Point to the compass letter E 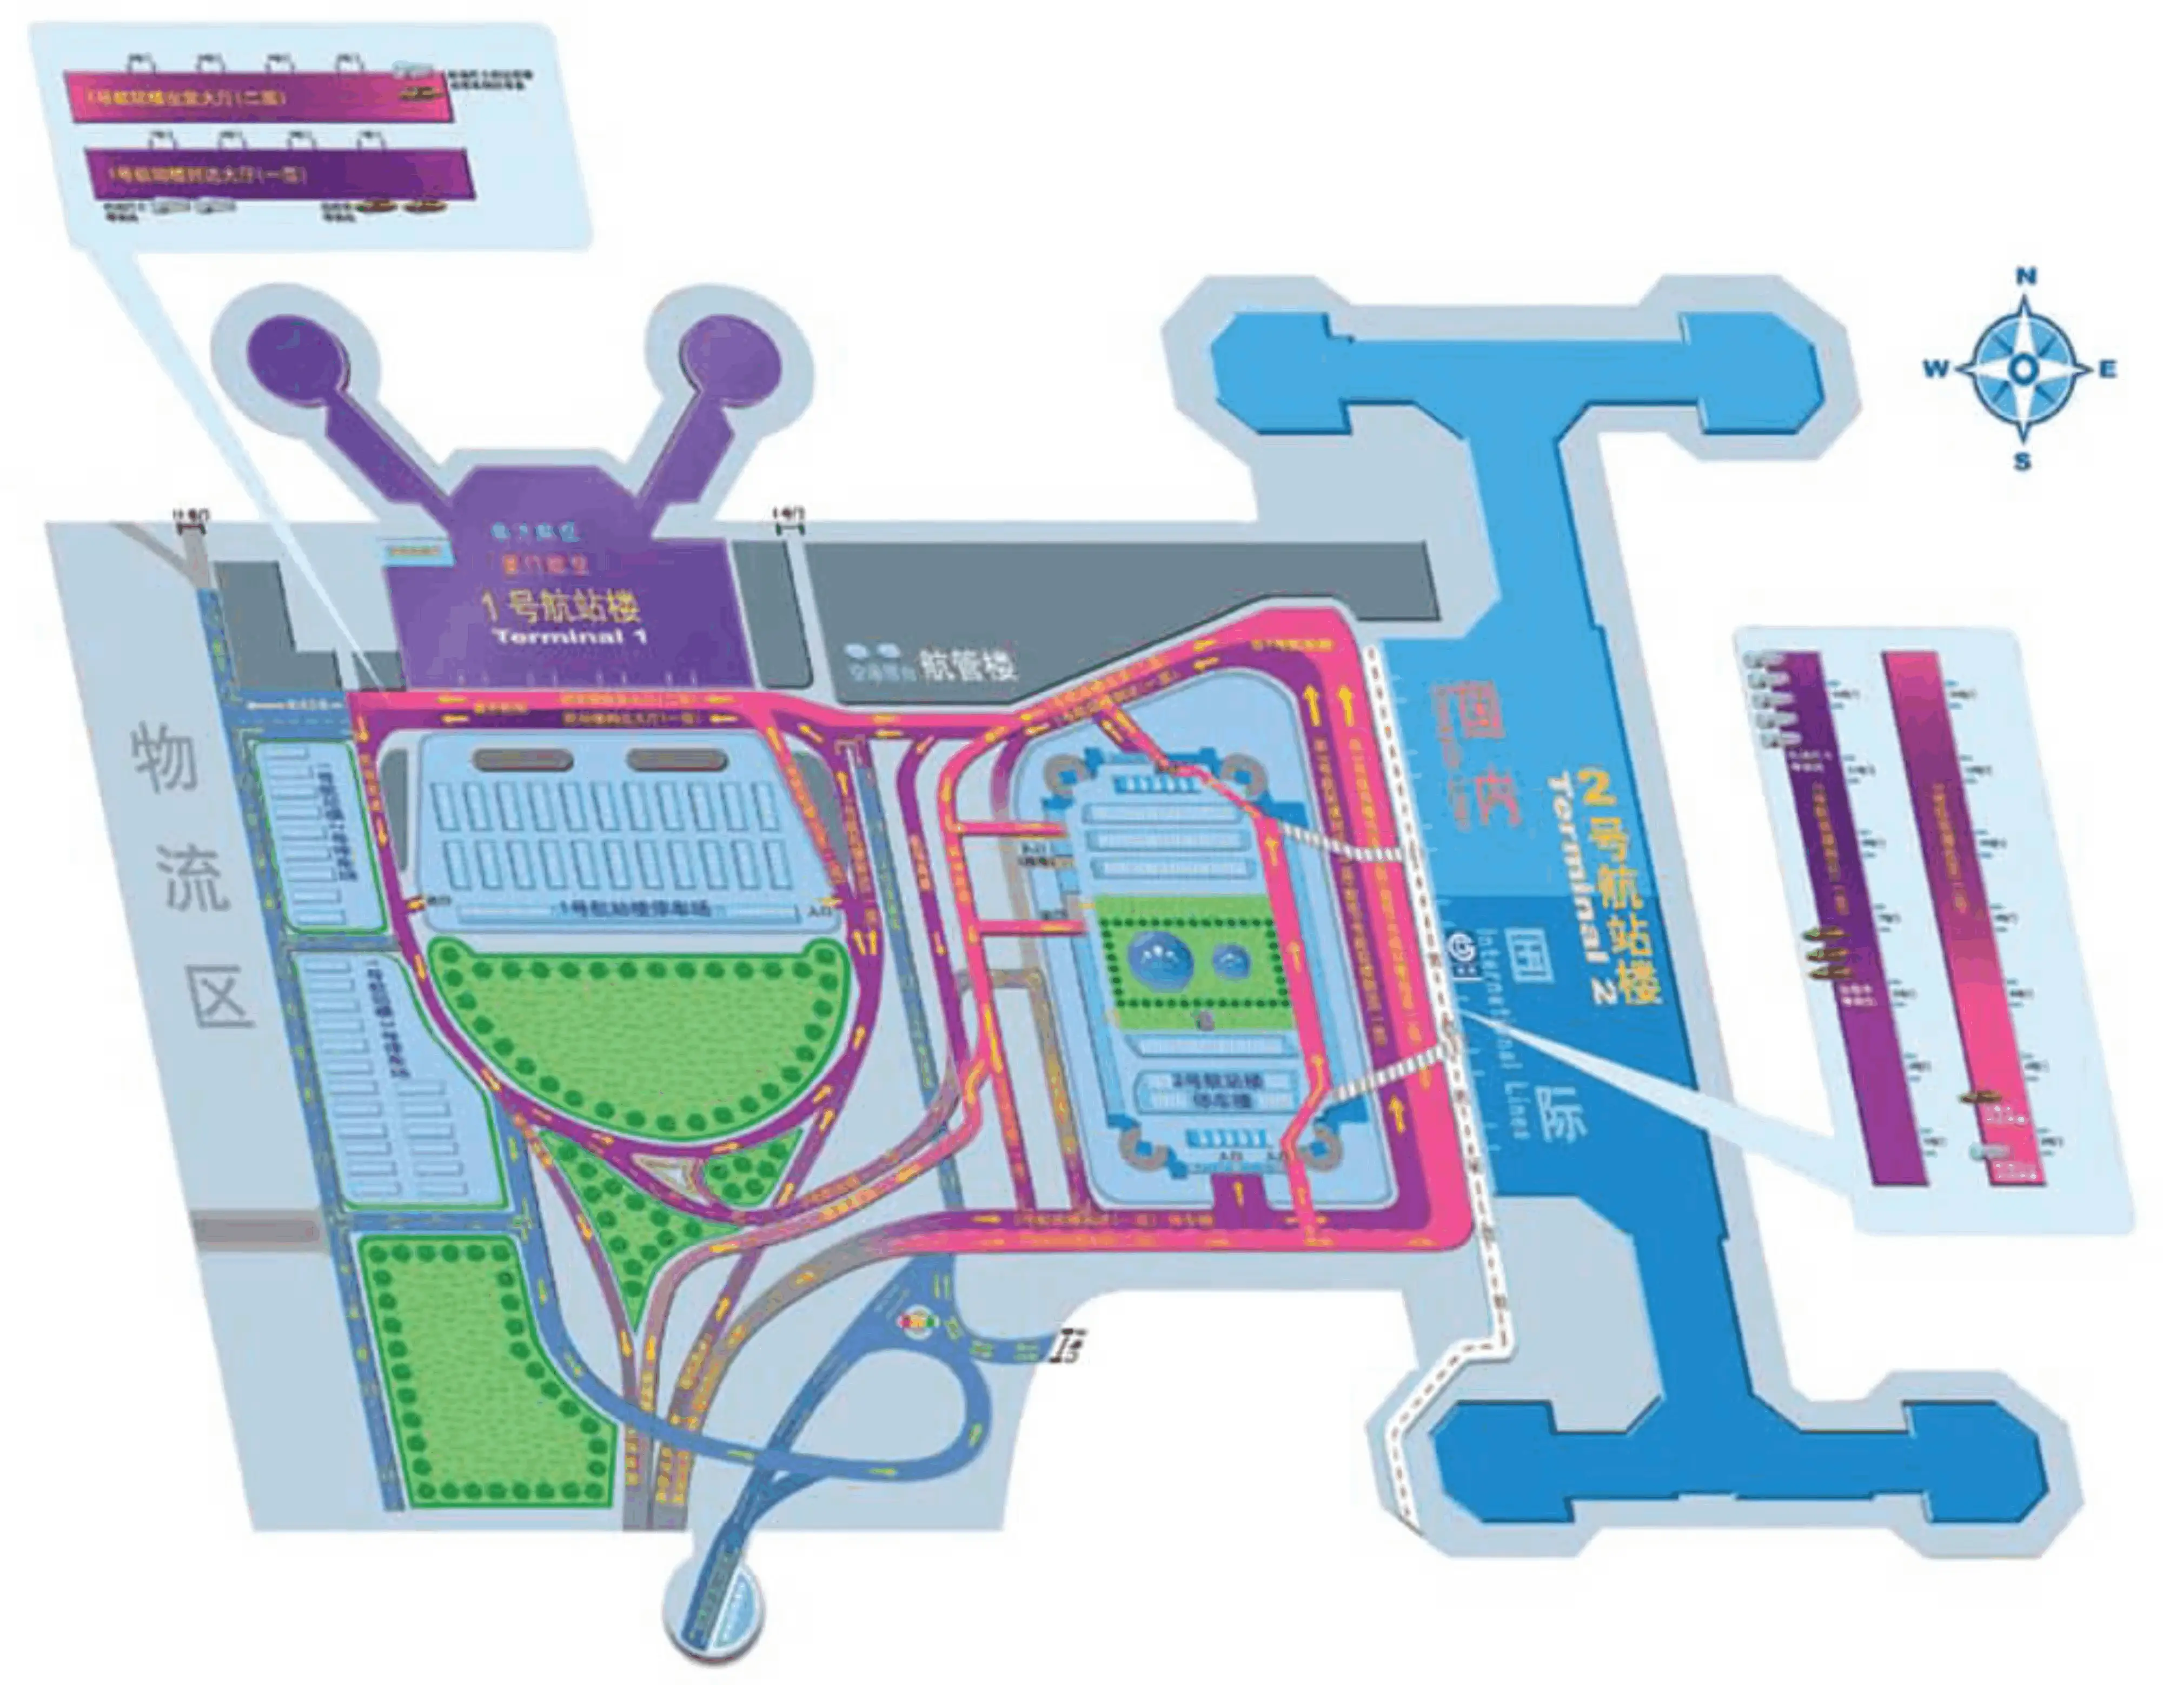tap(2107, 369)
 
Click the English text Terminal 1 tap(572, 636)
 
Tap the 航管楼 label tap(967, 664)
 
